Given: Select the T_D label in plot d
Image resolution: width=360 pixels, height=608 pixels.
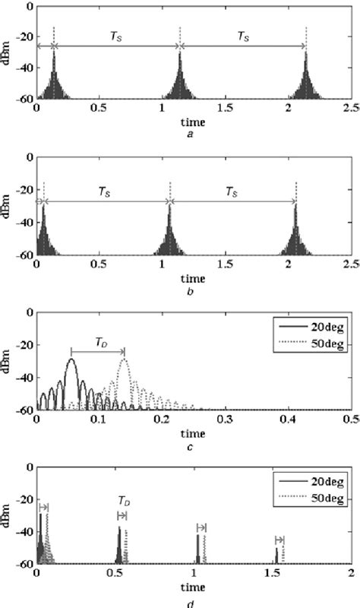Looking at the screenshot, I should pos(123,501).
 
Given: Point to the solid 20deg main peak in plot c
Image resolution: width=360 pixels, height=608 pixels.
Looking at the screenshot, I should pos(71,359).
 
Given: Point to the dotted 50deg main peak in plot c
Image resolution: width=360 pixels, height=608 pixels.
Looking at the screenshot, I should pos(124,359).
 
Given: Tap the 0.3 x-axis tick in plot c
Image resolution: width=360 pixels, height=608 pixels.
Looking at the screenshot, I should pos(225,419).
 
